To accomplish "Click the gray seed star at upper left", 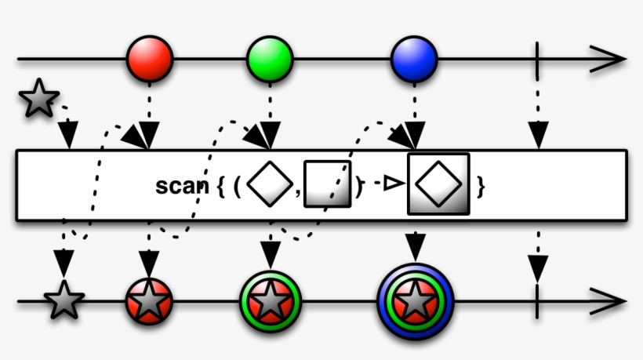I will point(38,99).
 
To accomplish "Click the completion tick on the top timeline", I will point(537,59).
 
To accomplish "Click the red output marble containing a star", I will point(149,300).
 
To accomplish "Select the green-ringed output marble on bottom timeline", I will point(271,300).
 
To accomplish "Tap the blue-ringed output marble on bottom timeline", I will point(415,300).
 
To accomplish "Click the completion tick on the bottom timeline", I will point(537,300).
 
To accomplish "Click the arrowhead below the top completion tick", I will point(537,136).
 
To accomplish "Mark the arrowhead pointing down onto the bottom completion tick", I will point(537,270).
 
